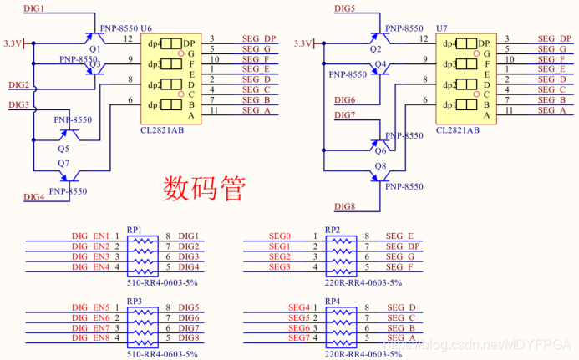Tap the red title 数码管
(203, 188)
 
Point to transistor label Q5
(63, 148)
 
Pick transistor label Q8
(380, 166)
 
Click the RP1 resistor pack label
(135, 229)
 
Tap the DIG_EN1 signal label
(90, 237)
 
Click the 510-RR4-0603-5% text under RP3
(161, 354)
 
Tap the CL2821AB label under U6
(164, 130)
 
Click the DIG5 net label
(345, 8)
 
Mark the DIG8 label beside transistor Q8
(345, 206)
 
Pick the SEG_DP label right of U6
(259, 38)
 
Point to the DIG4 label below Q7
(33, 197)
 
